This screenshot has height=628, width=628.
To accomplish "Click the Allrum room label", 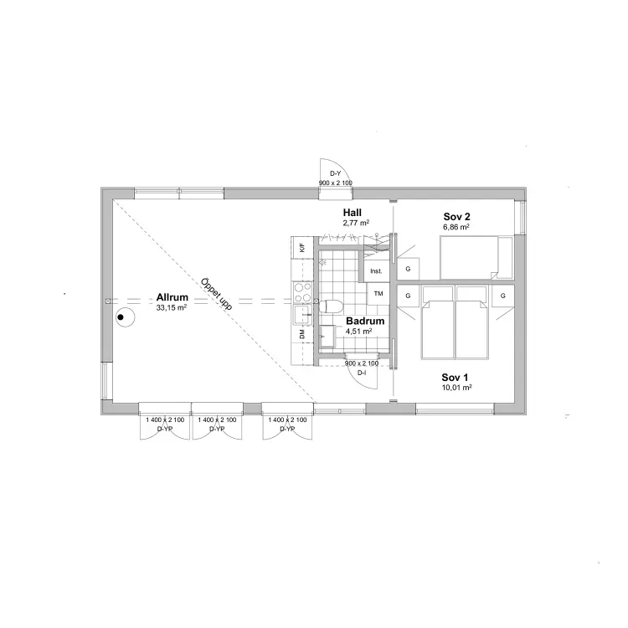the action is tap(172, 297).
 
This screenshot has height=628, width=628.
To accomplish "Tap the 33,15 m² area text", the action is tap(172, 307).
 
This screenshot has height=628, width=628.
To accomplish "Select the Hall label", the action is tap(352, 213).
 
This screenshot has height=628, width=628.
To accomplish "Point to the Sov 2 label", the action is tap(456, 217).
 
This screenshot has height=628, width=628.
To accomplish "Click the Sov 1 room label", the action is tap(455, 378).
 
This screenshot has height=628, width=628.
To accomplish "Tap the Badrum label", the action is tap(365, 321).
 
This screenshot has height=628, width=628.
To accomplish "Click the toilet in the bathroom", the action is tap(331, 306).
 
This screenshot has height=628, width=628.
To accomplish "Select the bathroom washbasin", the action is tap(327, 336).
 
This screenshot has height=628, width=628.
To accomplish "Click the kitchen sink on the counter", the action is tap(303, 315).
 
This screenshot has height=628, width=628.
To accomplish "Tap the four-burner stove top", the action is tap(303, 292).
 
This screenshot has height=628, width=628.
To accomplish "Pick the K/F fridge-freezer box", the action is tap(302, 248).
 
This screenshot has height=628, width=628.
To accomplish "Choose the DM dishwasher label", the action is tap(302, 333).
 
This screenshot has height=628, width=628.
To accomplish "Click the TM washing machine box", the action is tap(378, 294).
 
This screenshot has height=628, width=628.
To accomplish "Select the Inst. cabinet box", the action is tap(376, 271).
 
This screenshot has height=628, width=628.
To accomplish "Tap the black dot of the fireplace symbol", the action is tap(120, 317).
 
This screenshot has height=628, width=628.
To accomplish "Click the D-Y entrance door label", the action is tap(335, 173).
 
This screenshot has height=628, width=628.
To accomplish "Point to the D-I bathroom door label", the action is tap(362, 373).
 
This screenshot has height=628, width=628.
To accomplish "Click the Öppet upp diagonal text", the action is tap(216, 294).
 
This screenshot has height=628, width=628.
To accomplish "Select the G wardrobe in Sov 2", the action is tap(408, 269).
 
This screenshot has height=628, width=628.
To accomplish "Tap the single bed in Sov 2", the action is tap(476, 258).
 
